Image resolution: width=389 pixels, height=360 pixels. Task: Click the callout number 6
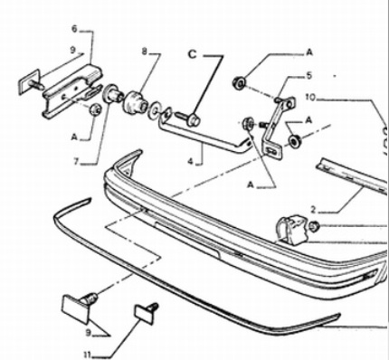[74, 29]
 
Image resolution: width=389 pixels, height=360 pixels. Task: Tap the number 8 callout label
[145, 52]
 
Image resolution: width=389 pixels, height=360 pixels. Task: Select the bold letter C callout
[192, 54]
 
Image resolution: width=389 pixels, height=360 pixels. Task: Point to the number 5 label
[308, 76]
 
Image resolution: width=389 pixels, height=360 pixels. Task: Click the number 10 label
[310, 98]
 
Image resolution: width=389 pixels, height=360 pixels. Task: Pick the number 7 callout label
[76, 162]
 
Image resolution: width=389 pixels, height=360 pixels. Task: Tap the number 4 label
[190, 162]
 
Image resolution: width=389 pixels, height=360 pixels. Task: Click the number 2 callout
[313, 209]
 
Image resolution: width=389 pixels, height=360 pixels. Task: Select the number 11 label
[88, 355]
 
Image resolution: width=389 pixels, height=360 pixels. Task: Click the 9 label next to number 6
[72, 50]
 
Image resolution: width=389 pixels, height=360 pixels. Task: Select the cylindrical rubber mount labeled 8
[135, 103]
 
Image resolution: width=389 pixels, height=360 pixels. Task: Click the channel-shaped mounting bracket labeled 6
[71, 91]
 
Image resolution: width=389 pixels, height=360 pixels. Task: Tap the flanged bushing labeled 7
[113, 94]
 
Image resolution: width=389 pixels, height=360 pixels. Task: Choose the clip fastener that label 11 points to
[147, 313]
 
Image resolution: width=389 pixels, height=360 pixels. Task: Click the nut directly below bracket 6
[96, 109]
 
